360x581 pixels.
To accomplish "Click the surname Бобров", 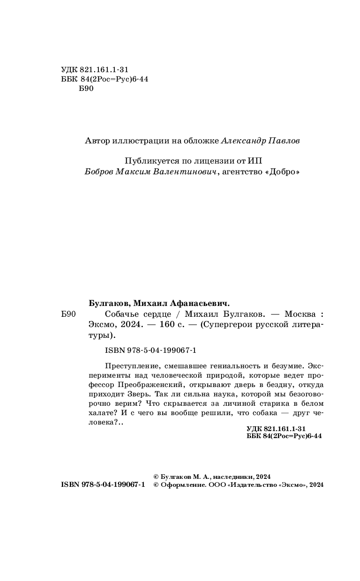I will (100, 171).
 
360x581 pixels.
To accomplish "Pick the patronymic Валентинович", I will (187, 171).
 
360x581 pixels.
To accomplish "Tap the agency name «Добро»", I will (282, 171).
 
